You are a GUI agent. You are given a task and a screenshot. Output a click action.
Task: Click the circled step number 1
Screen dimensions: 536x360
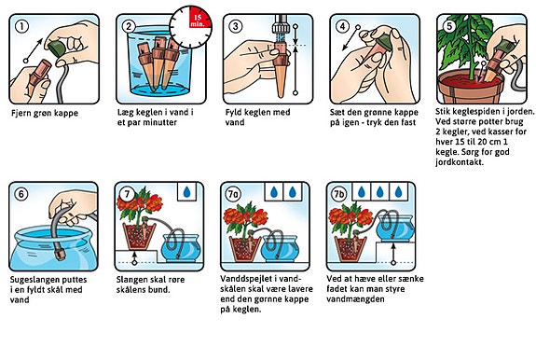coord(21,26)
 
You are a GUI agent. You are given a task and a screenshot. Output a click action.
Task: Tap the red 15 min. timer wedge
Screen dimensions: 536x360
coord(199,19)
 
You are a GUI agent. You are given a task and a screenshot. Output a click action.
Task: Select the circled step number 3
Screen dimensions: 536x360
coord(236,26)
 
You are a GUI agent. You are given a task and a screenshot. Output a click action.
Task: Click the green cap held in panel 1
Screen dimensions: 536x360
coord(57,48)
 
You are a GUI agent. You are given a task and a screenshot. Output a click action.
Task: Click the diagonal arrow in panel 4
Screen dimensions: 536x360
coord(350,38)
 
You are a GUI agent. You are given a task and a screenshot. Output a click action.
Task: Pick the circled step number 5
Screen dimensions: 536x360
coord(449,26)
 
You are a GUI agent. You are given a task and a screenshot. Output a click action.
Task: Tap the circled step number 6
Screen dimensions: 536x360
coord(21,194)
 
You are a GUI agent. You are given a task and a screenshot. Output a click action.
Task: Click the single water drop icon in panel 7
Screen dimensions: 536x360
coord(186,192)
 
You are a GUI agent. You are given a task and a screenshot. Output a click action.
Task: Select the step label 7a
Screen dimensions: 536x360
coord(233,194)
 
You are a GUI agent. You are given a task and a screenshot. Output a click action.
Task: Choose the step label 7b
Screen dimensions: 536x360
coord(339,194)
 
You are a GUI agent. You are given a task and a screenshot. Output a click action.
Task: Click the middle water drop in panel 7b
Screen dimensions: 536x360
coord(379,192)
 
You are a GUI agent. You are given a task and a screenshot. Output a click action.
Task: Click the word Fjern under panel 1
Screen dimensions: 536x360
coord(21,113)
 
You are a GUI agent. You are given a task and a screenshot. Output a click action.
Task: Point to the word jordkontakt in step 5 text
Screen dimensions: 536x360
coord(460,161)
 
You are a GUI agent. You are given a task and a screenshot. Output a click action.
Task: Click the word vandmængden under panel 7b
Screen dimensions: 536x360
coord(355,299)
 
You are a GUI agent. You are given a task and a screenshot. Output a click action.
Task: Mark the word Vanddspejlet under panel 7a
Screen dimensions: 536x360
coord(244,279)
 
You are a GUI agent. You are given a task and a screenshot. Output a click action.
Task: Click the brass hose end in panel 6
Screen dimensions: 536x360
coord(60,255)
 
